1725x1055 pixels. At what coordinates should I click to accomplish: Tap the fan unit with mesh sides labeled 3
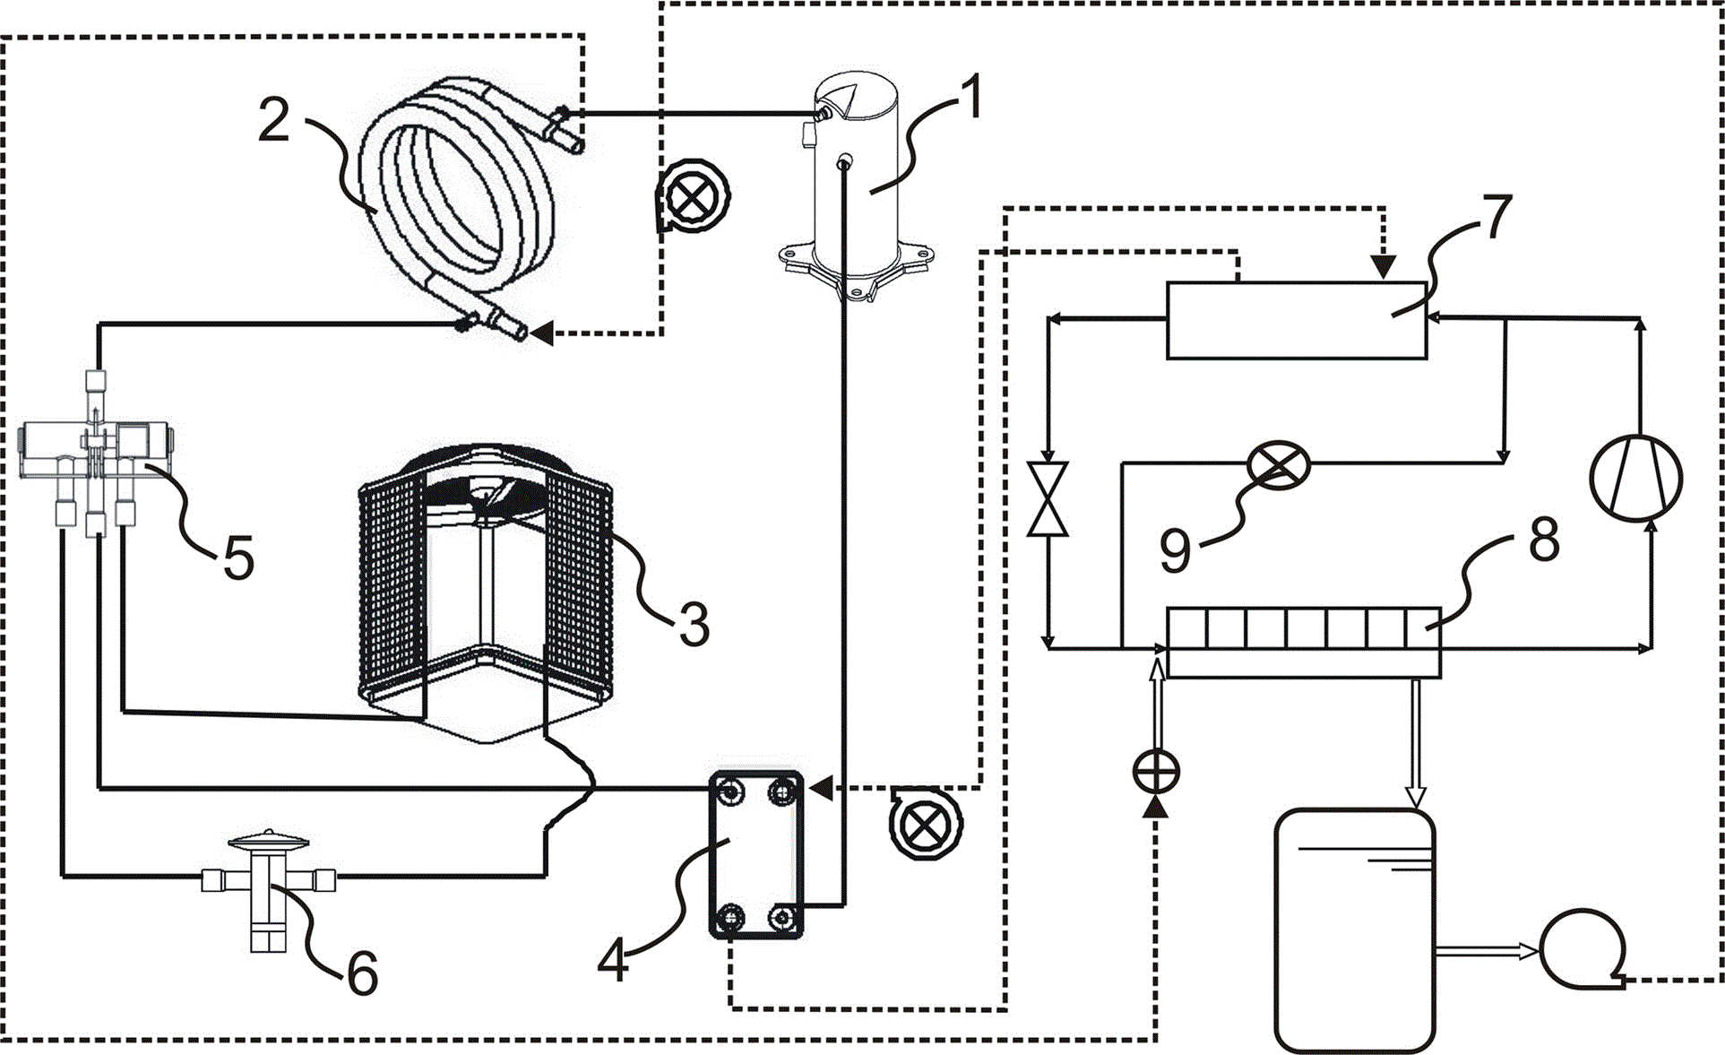[x=485, y=592]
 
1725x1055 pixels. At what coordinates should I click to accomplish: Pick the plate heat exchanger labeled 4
[x=756, y=854]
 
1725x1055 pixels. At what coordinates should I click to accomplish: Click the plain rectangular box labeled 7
[x=1296, y=320]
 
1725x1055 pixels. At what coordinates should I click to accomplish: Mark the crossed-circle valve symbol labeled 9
[x=1279, y=465]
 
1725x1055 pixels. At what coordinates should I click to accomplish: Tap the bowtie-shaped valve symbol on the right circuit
[x=1048, y=499]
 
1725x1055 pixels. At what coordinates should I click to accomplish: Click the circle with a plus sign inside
[x=1157, y=772]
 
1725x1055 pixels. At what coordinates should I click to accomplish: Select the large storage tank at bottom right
[x=1354, y=930]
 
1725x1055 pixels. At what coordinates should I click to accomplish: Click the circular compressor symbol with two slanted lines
[x=1636, y=477]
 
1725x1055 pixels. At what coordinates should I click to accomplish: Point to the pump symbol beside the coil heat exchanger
[x=692, y=195]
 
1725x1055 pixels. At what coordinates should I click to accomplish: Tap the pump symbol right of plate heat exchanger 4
[x=925, y=823]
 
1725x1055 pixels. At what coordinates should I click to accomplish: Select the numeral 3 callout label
[x=694, y=624]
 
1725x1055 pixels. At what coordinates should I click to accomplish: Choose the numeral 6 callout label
[x=362, y=973]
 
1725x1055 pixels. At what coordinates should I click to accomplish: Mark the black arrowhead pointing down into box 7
[x=1384, y=267]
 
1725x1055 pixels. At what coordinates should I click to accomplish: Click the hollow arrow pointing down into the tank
[x=1415, y=744]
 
